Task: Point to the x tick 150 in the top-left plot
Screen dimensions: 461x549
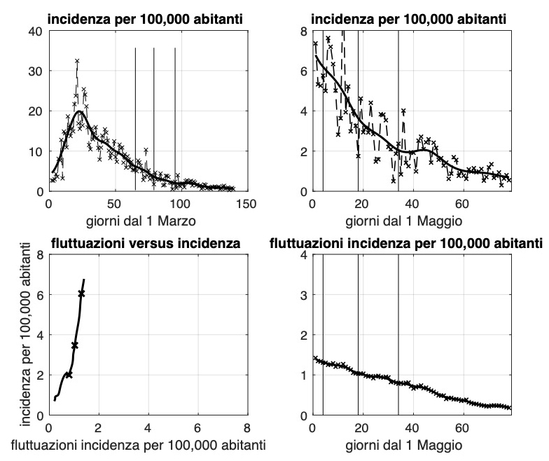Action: (246, 204)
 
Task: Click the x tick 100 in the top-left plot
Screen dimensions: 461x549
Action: (180, 204)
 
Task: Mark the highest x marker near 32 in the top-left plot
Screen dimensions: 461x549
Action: (77, 62)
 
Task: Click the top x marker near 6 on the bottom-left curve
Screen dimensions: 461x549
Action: (81, 294)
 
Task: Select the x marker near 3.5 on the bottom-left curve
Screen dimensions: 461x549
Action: (75, 345)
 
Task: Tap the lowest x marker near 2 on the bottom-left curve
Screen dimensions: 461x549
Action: (69, 375)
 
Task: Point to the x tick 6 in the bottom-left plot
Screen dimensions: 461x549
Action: (197, 427)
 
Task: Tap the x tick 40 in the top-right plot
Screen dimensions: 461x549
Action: (412, 204)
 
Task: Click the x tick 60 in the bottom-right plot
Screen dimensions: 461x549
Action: (462, 427)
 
